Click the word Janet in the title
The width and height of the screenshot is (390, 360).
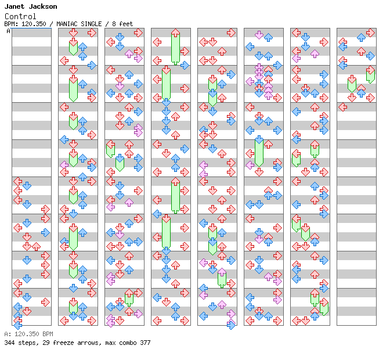tap(15, 6)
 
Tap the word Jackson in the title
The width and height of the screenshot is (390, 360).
tap(43, 6)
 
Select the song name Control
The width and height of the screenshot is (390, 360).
tap(20, 16)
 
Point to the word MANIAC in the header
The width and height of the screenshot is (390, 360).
tap(67, 24)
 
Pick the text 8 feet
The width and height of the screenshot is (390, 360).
tap(122, 24)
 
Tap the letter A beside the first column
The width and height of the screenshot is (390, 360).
tap(8, 31)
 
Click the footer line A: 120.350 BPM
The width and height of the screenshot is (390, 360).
tap(28, 334)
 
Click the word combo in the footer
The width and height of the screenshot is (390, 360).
tap(128, 343)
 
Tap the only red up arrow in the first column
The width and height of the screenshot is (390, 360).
tap(37, 247)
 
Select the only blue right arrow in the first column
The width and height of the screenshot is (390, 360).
tap(45, 233)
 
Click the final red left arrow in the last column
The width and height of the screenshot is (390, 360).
tap(343, 107)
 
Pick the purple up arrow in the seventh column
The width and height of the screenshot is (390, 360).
tap(315, 53)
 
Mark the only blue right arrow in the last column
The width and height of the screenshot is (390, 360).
tap(370, 56)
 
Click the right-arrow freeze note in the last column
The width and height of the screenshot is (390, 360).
tap(370, 75)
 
